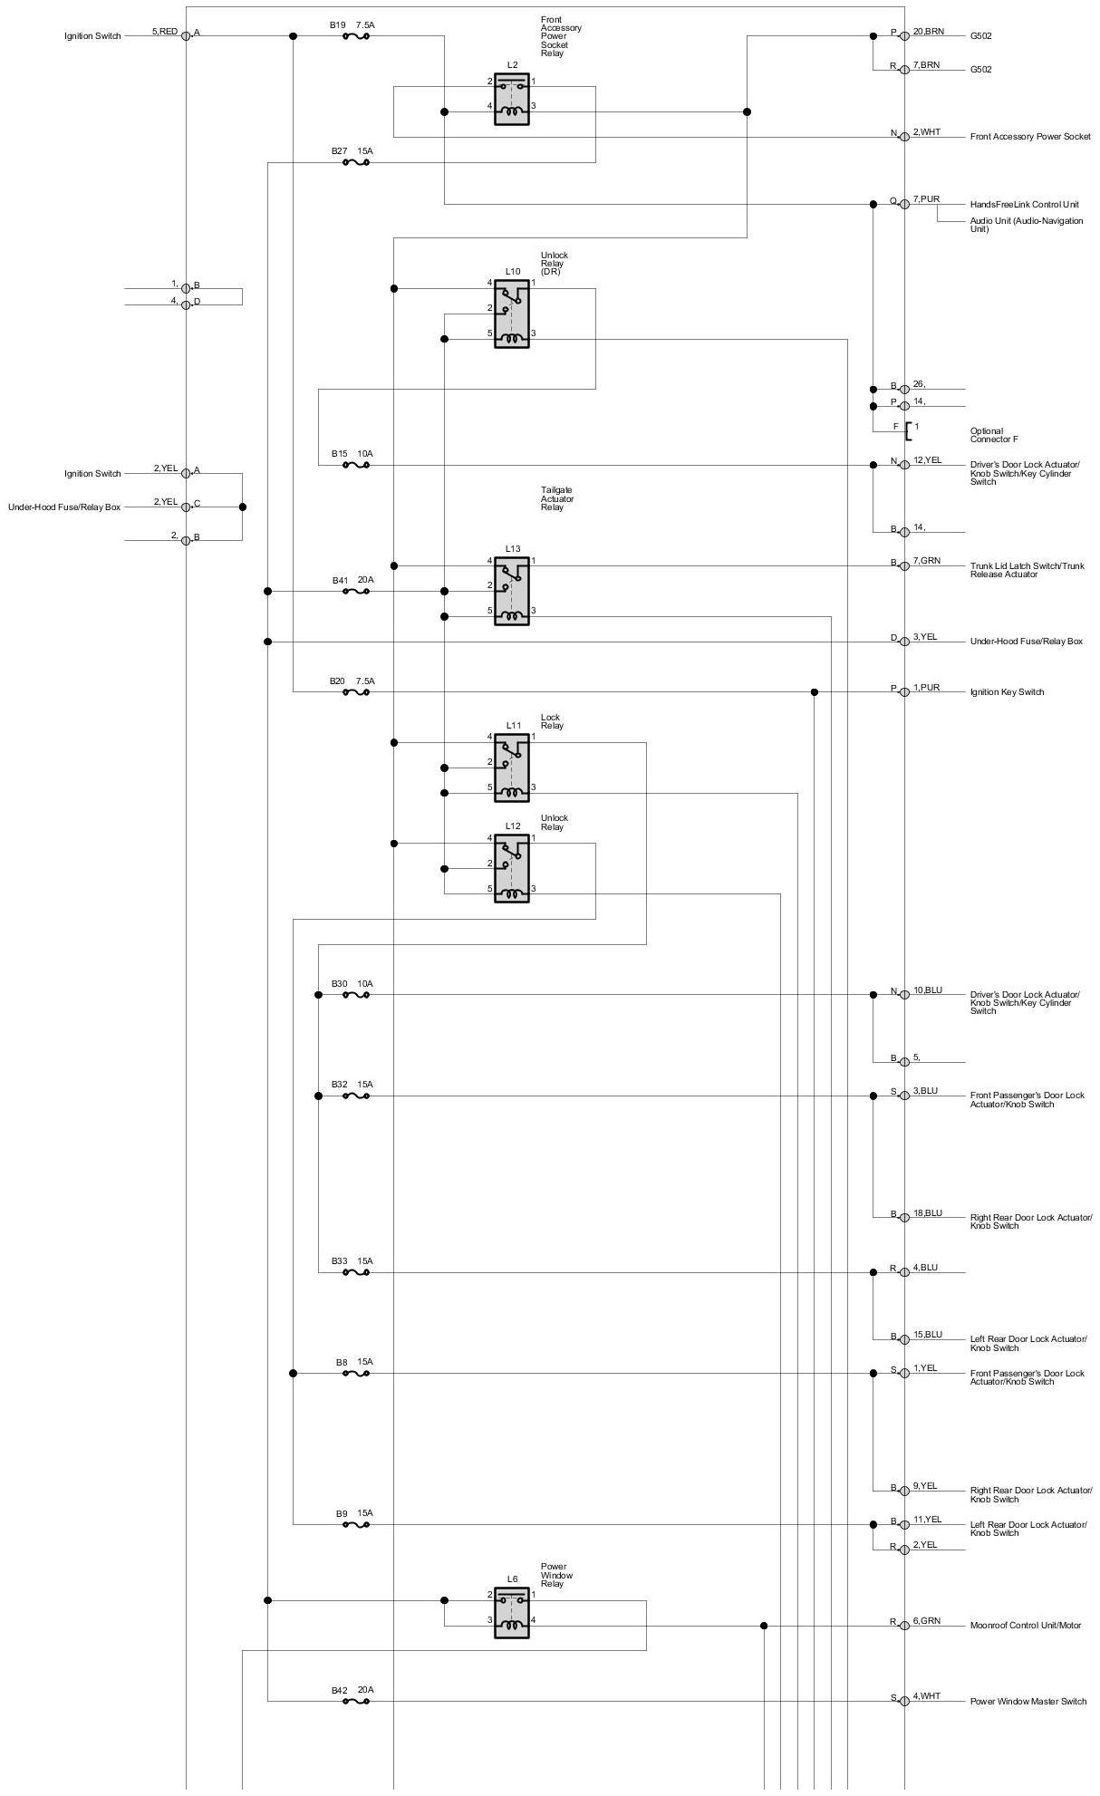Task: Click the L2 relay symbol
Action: point(511,100)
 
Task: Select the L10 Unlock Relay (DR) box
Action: point(511,314)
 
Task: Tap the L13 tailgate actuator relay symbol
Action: point(511,591)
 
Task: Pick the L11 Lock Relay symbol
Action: point(511,768)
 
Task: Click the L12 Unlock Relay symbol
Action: point(511,869)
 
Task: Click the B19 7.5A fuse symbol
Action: point(355,36)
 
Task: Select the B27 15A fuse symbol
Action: point(355,163)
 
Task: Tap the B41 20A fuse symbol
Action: point(355,592)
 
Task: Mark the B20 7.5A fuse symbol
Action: point(355,692)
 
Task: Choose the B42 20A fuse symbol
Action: point(355,1702)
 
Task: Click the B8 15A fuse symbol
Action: point(355,1374)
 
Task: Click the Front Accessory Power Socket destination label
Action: point(1030,137)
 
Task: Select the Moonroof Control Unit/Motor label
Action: point(1025,1626)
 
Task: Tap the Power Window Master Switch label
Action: point(1028,1702)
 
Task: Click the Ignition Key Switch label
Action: point(1007,692)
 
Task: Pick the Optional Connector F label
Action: point(994,435)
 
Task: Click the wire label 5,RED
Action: point(164,32)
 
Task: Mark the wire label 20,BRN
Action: point(928,32)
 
